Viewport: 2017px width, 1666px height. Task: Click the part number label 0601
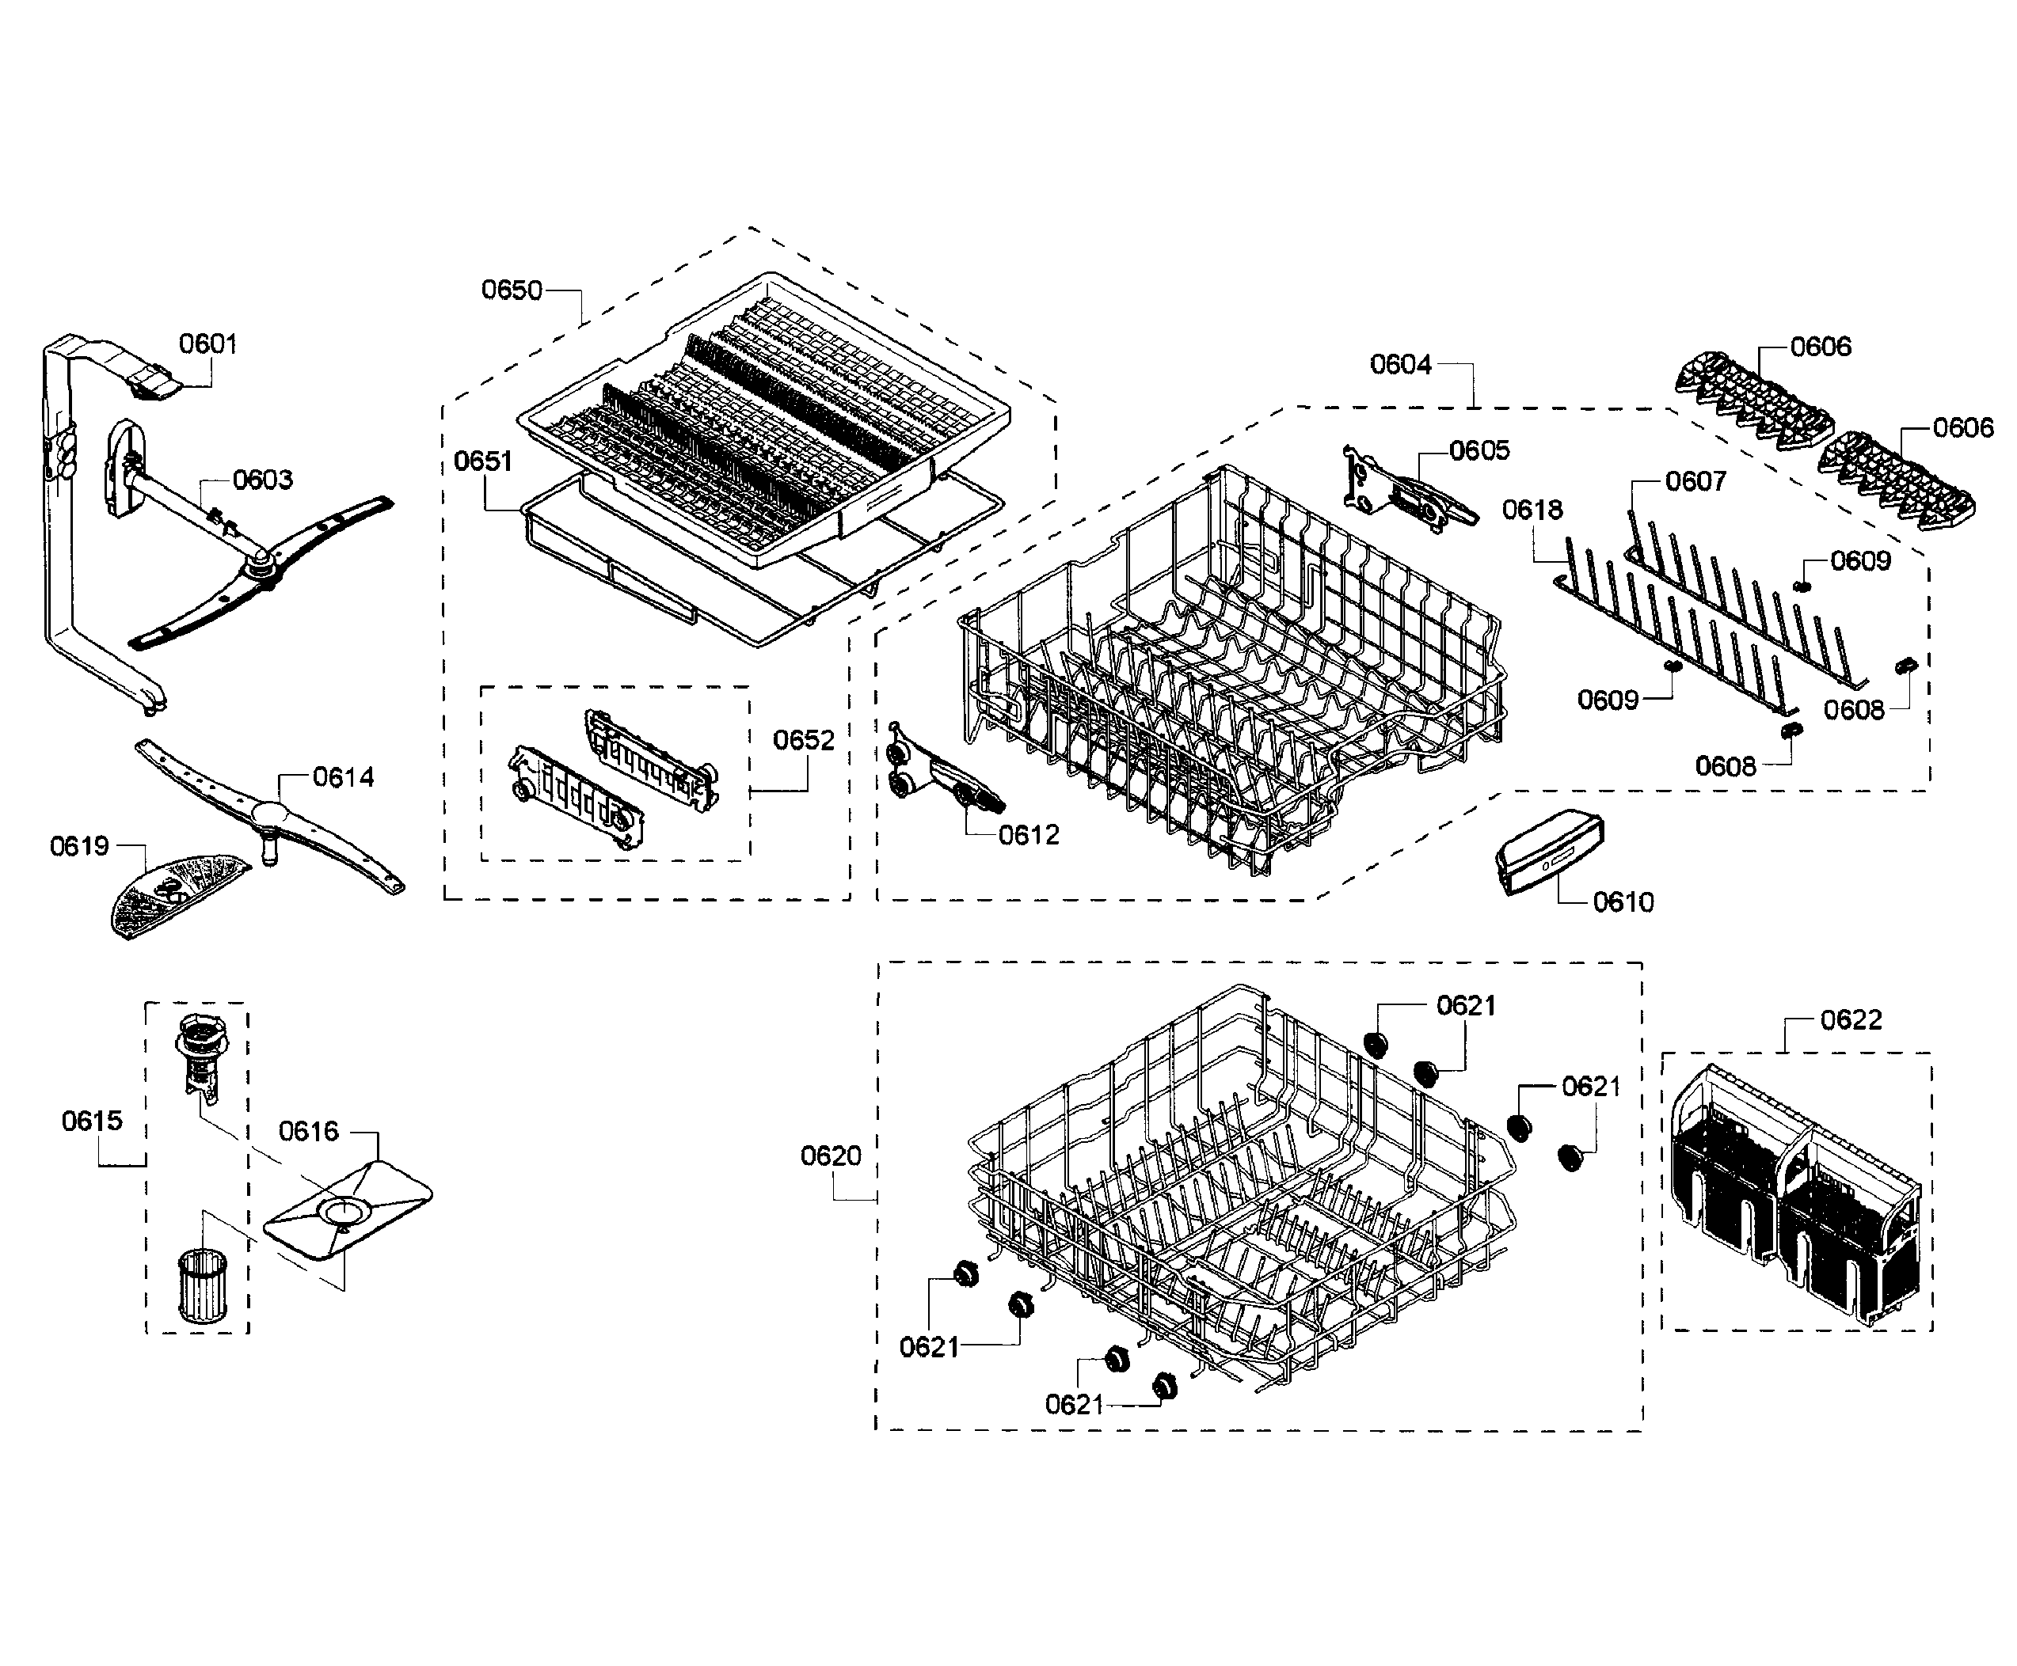tap(207, 343)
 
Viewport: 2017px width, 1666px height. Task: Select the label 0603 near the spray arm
tap(262, 479)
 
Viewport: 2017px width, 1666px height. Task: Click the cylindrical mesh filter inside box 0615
tap(200, 1286)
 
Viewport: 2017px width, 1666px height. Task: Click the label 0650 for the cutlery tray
tap(511, 290)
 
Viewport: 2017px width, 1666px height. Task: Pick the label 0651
tap(483, 461)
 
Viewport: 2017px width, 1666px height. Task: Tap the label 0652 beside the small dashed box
tap(804, 740)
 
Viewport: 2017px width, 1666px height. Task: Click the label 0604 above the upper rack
tap(1400, 365)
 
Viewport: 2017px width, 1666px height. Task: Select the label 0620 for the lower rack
tap(831, 1156)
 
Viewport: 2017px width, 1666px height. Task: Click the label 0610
tap(1623, 902)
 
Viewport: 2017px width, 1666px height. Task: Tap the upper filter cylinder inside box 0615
tap(200, 1052)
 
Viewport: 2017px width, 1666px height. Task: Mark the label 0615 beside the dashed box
tap(92, 1120)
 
